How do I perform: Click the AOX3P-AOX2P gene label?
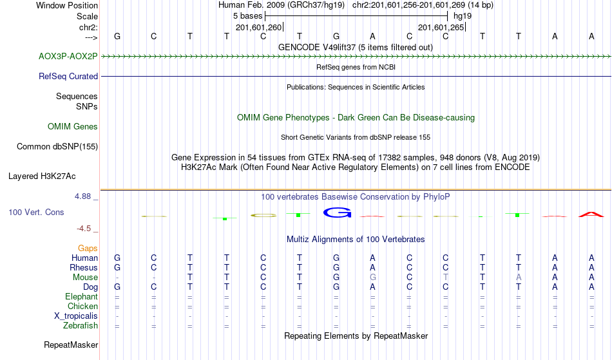tap(68, 57)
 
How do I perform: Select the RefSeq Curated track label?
tap(68, 76)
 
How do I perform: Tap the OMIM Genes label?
tap(73, 126)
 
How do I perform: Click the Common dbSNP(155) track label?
tap(57, 146)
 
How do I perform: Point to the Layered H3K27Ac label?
tap(42, 176)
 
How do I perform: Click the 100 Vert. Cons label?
tap(36, 212)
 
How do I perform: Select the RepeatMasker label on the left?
tap(71, 345)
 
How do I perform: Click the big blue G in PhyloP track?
tap(337, 213)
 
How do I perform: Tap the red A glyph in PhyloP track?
tap(591, 214)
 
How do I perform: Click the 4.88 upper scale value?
tap(82, 196)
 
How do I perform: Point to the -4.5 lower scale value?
tap(84, 229)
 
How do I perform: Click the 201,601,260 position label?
tap(258, 27)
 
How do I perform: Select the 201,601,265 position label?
tap(441, 27)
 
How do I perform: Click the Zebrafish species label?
tap(81, 326)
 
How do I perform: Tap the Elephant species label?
tap(82, 297)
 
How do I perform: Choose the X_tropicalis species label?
tap(76, 316)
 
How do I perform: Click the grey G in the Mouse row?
tap(373, 278)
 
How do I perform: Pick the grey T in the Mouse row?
tap(446, 278)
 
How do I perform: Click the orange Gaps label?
tap(88, 249)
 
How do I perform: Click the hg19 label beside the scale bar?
tap(463, 16)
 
